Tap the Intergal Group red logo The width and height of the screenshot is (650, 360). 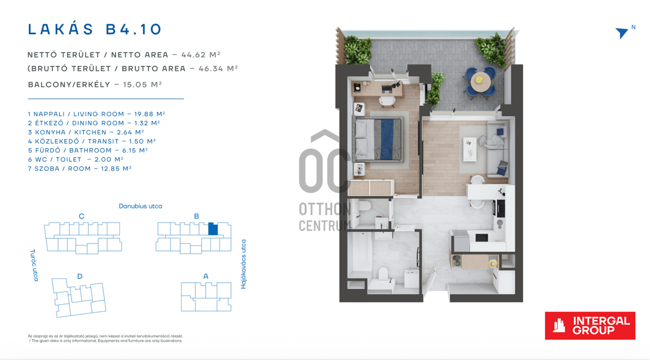[x=590, y=326]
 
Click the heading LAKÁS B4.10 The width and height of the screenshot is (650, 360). [x=94, y=29]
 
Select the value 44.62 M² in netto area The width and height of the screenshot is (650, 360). [x=201, y=55]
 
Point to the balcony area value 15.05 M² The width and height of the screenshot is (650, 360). [x=142, y=84]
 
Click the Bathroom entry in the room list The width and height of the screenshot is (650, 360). [x=88, y=150]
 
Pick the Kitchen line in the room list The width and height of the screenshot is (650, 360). [x=86, y=132]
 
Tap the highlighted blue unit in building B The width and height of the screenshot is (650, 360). [x=213, y=229]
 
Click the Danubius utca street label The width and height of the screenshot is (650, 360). [x=140, y=206]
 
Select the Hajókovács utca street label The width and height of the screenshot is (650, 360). [x=244, y=264]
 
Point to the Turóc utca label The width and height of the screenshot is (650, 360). [x=34, y=265]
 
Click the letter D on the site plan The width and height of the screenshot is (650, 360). [x=80, y=276]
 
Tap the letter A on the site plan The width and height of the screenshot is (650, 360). [x=206, y=276]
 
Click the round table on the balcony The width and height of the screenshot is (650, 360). [x=480, y=82]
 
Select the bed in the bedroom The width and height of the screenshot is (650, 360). [x=378, y=139]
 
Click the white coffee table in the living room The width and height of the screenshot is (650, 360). [x=470, y=149]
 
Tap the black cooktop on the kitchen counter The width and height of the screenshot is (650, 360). [x=501, y=208]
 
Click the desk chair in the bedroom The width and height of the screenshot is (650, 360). [x=387, y=101]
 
